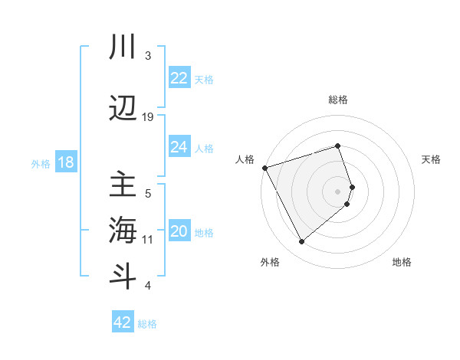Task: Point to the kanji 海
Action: (123, 231)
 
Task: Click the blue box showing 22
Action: (179, 78)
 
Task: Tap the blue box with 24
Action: (179, 147)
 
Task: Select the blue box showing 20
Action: (179, 231)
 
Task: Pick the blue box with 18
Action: (65, 162)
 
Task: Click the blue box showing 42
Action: (123, 322)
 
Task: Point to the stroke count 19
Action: (148, 116)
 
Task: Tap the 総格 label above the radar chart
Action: (338, 100)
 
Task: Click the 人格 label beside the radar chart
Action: (245, 159)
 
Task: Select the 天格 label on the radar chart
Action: (431, 159)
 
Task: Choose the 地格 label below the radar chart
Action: (402, 263)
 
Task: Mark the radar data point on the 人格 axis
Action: (264, 168)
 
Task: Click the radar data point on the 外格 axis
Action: (301, 242)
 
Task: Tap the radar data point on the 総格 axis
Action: (338, 146)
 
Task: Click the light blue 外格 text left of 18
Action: (41, 163)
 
